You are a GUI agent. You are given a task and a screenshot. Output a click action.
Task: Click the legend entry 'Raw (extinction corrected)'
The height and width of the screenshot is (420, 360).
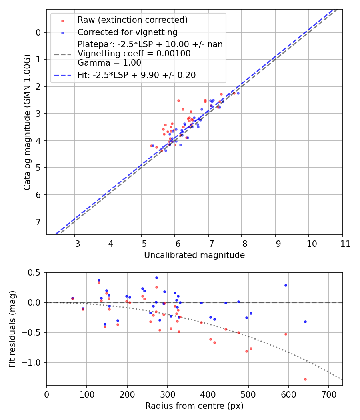point(132,20)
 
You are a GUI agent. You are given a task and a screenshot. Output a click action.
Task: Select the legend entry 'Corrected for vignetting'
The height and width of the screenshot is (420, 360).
point(127,32)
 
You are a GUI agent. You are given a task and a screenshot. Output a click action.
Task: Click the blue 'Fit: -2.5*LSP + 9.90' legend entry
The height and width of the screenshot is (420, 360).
point(136,75)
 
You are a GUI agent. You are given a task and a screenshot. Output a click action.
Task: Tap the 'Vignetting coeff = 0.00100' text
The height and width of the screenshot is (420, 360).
point(134,54)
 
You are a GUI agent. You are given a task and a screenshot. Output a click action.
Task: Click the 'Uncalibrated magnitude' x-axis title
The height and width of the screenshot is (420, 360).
point(194,255)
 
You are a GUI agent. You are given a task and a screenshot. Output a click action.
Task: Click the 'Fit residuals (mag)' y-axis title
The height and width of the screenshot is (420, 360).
point(12,329)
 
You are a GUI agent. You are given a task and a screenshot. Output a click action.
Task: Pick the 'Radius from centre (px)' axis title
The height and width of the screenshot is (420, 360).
point(194,406)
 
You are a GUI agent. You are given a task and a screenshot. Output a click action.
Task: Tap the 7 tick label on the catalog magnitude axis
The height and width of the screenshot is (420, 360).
point(38,222)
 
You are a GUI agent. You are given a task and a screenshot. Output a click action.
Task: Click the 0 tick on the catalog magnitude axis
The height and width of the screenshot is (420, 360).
point(38,32)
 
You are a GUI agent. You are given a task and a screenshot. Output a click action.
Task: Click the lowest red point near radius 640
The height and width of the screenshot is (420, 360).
point(305,379)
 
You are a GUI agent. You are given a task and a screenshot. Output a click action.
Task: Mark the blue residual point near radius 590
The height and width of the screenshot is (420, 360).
point(286,285)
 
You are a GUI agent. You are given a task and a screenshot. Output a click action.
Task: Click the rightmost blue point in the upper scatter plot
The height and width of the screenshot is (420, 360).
point(238,93)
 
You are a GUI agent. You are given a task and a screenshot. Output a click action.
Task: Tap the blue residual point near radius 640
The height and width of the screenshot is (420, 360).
point(305,322)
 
